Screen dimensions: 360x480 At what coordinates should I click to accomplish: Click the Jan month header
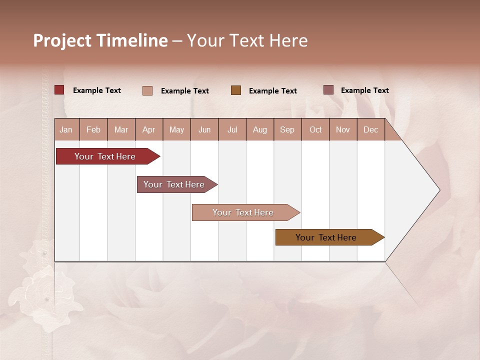click(x=66, y=129)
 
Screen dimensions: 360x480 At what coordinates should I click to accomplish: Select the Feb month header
click(x=93, y=129)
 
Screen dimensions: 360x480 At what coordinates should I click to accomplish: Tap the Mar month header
click(x=121, y=129)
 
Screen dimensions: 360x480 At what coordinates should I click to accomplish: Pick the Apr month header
click(x=149, y=129)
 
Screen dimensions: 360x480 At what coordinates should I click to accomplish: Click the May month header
click(x=176, y=129)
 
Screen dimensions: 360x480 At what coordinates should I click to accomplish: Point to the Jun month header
click(x=204, y=129)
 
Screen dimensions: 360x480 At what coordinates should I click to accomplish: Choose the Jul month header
click(x=232, y=129)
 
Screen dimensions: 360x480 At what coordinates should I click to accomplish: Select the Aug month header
click(x=260, y=129)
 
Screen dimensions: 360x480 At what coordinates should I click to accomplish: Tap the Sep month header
click(x=287, y=129)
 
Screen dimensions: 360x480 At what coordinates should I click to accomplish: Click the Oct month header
click(x=315, y=129)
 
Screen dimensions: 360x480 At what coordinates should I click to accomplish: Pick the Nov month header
click(x=343, y=129)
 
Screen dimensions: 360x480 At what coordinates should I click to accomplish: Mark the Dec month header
click(x=371, y=129)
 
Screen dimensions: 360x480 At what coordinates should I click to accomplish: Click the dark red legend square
click(x=59, y=90)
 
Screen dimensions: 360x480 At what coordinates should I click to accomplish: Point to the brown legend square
click(x=236, y=90)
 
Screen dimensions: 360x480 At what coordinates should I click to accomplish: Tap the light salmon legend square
click(x=147, y=90)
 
